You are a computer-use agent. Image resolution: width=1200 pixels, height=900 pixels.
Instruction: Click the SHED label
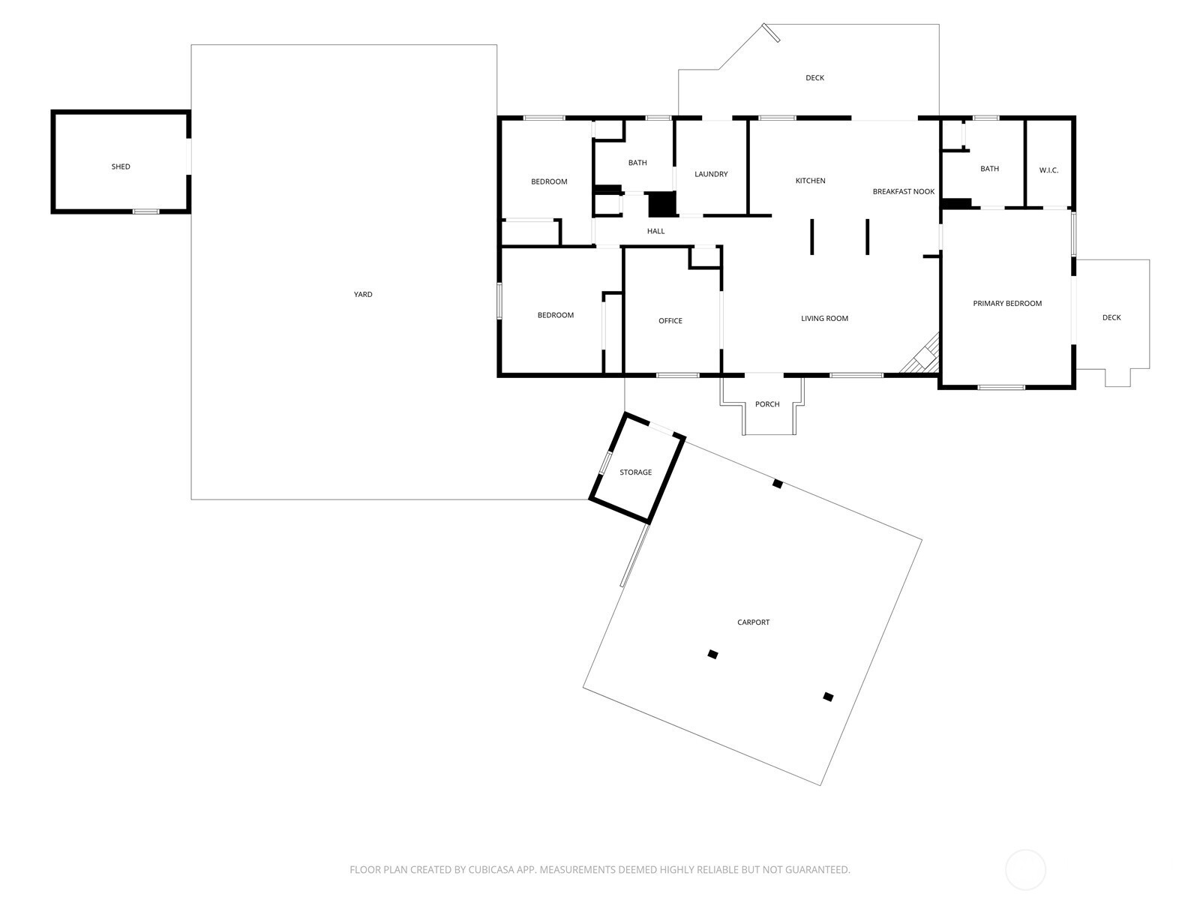121,166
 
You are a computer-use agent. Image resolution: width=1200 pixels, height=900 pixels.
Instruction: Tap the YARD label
363,295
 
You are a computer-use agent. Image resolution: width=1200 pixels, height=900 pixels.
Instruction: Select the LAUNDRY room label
711,174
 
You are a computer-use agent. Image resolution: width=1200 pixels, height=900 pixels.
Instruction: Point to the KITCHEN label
810,181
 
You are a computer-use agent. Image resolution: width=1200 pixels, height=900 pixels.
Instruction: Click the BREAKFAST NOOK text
904,192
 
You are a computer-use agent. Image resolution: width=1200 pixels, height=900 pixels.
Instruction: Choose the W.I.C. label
1048,170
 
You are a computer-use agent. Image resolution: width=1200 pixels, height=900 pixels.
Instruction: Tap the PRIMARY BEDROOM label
1007,304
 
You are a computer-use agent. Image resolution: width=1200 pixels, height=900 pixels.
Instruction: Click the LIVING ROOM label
824,319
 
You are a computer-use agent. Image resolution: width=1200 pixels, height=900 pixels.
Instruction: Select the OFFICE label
670,321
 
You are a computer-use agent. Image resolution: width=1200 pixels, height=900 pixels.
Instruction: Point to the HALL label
656,231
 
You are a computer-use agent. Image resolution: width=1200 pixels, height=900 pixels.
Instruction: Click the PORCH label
767,404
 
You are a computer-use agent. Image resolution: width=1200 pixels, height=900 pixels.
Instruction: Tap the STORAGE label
636,472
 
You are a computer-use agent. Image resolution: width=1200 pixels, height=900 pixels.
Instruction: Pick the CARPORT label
753,622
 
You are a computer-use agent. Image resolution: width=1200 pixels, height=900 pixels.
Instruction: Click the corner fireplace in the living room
923,356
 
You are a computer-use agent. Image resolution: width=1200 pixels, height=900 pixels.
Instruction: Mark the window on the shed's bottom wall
146,211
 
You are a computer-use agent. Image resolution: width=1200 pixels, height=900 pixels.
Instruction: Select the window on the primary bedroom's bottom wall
1001,388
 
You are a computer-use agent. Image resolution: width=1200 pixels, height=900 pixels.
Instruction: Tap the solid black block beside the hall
662,204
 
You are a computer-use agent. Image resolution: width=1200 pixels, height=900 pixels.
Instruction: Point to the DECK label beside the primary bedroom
1111,317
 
